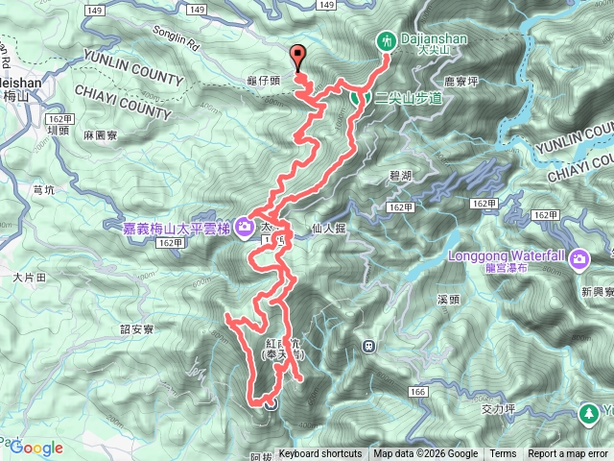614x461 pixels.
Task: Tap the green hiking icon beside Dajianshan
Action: [386, 40]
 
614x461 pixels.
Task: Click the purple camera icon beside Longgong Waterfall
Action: [579, 257]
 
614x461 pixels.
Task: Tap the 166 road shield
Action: [416, 392]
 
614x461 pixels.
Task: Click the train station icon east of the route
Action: [368, 346]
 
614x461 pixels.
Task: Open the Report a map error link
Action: [567, 454]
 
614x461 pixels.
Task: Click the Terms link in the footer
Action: [503, 454]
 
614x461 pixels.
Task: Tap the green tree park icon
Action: [587, 413]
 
